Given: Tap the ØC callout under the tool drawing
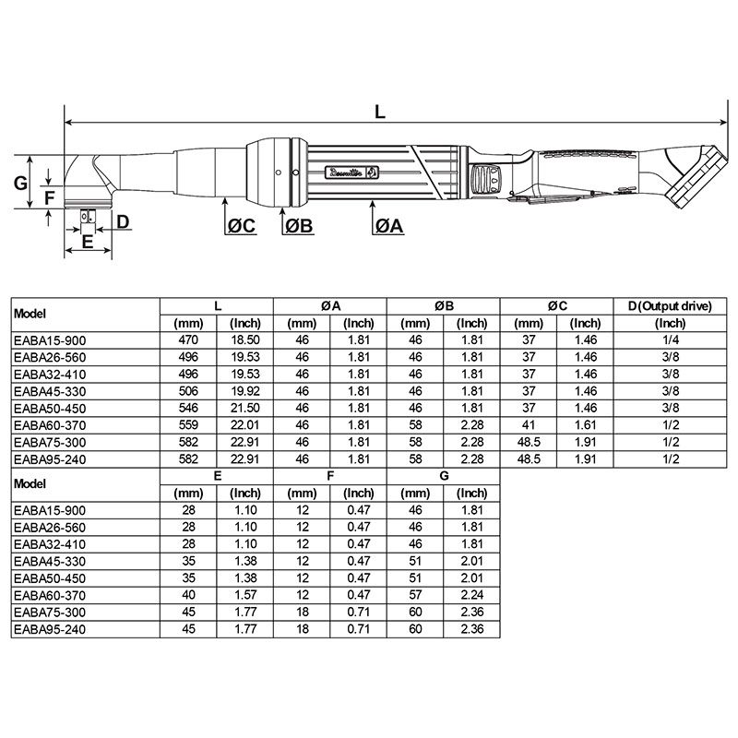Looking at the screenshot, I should point(241,227).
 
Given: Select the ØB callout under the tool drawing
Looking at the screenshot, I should point(299,227).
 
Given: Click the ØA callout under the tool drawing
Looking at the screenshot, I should point(389,227).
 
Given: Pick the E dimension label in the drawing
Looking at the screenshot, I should point(88,242).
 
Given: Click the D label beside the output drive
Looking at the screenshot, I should point(122,221).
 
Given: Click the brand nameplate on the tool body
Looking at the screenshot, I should point(351,171).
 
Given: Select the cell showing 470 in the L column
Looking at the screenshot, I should point(189,340).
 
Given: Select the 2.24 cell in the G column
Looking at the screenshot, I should point(473,596).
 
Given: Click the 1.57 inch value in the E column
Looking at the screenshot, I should point(245,596).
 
